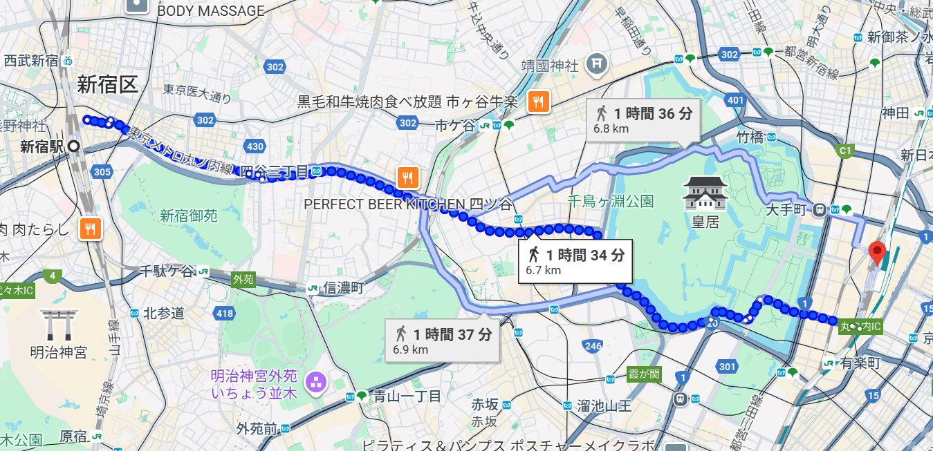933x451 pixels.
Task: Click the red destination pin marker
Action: click(877, 253)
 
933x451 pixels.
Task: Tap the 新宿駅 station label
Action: click(42, 146)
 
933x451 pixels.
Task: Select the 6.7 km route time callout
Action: click(575, 261)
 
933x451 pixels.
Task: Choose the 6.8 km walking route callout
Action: click(643, 119)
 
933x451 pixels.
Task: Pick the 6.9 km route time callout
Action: click(442, 340)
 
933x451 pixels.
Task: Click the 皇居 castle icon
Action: click(705, 193)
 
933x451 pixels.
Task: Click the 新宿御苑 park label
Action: click(189, 216)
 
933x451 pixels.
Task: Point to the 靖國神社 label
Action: click(550, 66)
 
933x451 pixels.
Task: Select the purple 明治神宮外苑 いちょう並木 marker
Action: click(316, 381)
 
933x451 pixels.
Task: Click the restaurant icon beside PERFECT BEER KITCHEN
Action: click(408, 178)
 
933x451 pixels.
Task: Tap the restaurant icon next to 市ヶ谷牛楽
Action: click(538, 102)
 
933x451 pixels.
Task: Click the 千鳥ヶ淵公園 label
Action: click(610, 202)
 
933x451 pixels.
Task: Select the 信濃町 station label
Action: click(344, 288)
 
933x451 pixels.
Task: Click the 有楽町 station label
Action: click(860, 363)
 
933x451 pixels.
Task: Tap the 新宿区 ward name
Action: click(107, 85)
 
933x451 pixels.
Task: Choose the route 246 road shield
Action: click(593, 345)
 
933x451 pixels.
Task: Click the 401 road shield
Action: click(736, 102)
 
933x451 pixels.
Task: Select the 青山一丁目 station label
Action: click(407, 396)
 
